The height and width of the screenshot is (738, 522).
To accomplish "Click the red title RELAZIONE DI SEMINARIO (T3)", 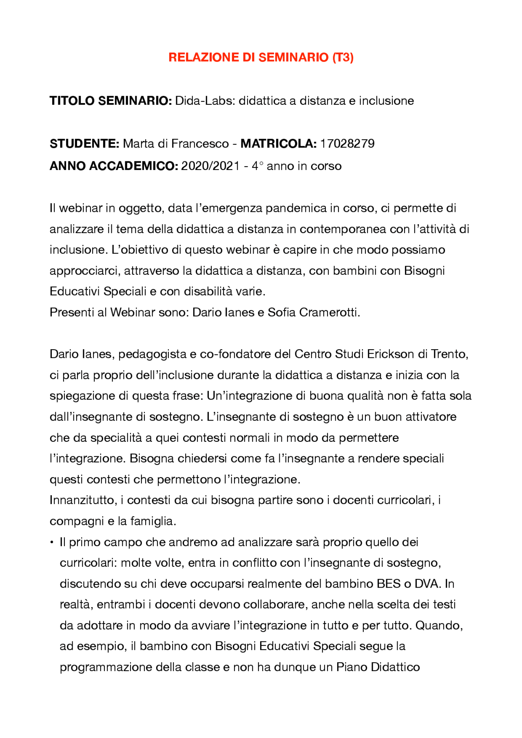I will pos(261,57).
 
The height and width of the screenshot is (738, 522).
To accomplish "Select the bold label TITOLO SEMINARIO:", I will pos(111,101).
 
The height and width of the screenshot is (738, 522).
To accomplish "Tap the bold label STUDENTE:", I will pos(84,144).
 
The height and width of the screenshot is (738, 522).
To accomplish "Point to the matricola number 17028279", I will pos(347,144).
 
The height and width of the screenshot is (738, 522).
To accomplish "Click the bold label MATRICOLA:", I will pos(278,144).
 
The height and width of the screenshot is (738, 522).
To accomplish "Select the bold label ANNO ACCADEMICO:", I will pos(114,166).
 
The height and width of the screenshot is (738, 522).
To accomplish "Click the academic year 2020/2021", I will pos(210,166).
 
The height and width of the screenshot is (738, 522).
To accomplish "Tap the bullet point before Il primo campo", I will pos(52,542).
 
